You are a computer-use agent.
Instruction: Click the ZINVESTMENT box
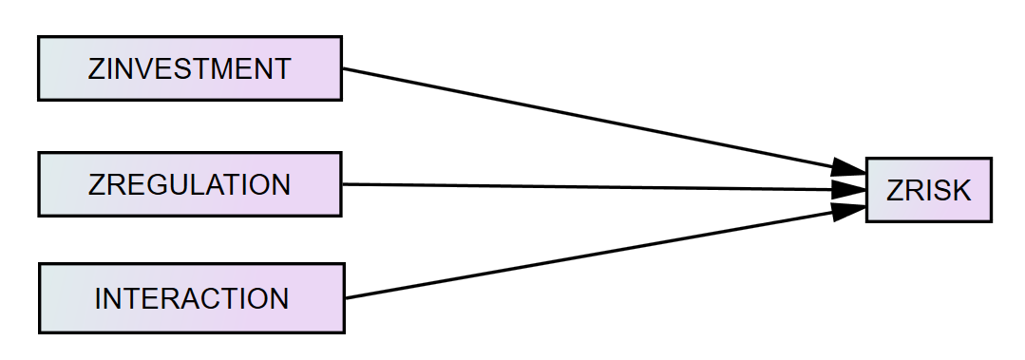(189, 68)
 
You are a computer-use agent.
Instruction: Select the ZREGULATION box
(189, 184)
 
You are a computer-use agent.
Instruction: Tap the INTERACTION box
(191, 298)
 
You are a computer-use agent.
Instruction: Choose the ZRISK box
(928, 190)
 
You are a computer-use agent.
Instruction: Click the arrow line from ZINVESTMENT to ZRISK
(589, 121)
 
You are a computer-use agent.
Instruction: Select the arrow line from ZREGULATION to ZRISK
(589, 187)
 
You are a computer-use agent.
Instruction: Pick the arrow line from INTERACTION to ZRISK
(589, 255)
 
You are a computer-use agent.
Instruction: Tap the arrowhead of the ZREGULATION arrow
(848, 190)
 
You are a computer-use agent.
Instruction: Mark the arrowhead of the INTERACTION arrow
(848, 210)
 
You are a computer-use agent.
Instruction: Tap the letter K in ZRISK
(960, 191)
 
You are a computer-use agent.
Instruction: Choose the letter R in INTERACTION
(171, 299)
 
